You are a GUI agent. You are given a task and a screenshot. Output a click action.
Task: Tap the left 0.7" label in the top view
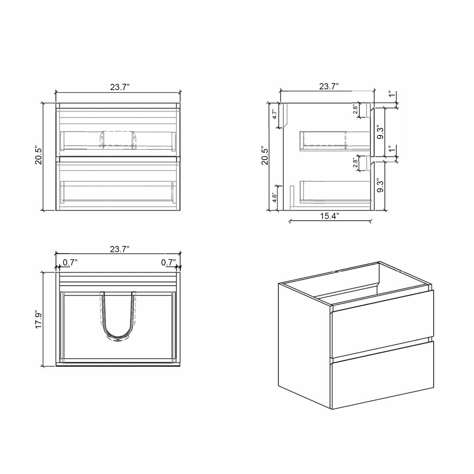coord(70,262)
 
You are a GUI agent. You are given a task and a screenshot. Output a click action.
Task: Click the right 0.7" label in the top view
coord(168,262)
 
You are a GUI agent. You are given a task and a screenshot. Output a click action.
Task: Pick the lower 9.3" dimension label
coord(380,185)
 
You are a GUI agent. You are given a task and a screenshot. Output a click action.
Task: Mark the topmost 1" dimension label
coord(391,95)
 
